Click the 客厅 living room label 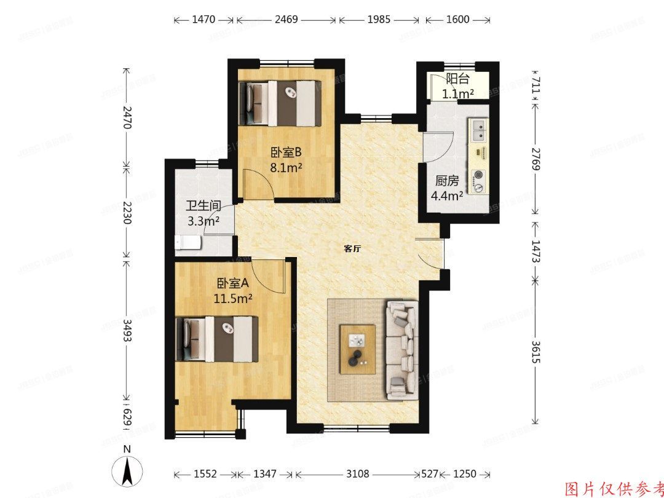tap(352, 249)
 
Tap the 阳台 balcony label tap(457, 79)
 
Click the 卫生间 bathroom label tap(204, 207)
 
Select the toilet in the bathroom tap(188, 243)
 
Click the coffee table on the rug tap(357, 349)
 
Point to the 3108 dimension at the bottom tap(357, 475)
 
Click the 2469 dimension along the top tap(286, 20)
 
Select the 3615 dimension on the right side tap(536, 351)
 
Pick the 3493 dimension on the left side tap(127, 332)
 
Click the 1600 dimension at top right tap(457, 20)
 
